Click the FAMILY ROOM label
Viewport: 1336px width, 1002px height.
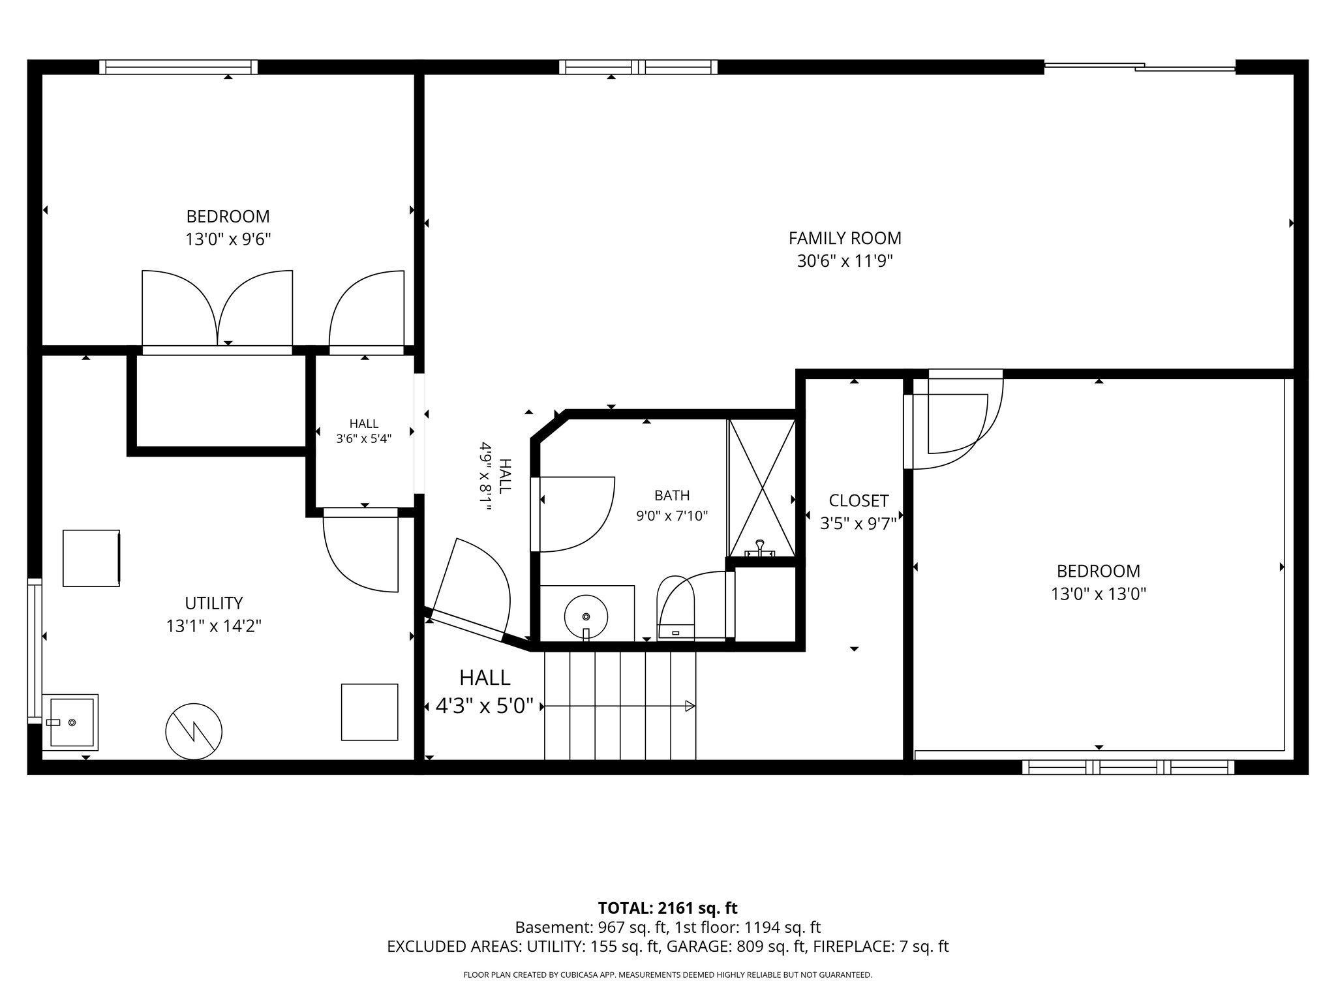[845, 238]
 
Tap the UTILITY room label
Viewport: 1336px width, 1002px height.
[214, 603]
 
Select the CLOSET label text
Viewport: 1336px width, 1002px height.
[858, 500]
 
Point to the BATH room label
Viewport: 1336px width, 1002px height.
[672, 495]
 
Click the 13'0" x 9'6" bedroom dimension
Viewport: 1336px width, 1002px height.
[228, 239]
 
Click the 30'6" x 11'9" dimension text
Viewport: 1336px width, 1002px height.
[845, 262]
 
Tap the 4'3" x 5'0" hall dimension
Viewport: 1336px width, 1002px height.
[485, 706]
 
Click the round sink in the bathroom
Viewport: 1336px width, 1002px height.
[586, 616]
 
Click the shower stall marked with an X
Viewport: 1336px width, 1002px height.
[762, 488]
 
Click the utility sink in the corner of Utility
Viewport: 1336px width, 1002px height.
[70, 722]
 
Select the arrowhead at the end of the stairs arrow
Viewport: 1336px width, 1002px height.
[690, 706]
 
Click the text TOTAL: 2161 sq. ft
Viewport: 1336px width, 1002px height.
[667, 908]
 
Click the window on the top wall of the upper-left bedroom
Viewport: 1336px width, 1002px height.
[179, 67]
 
